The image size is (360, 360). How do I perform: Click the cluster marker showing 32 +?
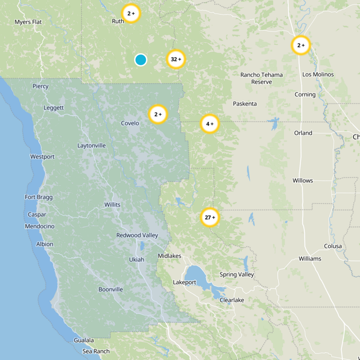(x=176, y=59)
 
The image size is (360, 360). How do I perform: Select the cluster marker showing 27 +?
(x=210, y=218)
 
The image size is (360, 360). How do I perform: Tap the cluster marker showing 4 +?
(x=210, y=124)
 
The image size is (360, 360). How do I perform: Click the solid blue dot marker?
(x=141, y=59)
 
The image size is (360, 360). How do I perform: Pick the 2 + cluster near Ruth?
(x=131, y=13)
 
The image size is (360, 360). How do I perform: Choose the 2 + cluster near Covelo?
(x=158, y=114)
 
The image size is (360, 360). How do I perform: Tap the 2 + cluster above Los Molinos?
(x=301, y=45)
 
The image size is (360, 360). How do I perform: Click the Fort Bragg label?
(x=39, y=197)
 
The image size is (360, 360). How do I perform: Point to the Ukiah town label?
(x=137, y=260)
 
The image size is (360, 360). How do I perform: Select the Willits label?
(x=112, y=205)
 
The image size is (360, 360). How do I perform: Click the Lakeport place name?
(x=185, y=283)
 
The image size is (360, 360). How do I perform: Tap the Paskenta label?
(x=245, y=104)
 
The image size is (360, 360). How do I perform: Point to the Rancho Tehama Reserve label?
(x=261, y=78)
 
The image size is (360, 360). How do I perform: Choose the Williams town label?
(x=310, y=259)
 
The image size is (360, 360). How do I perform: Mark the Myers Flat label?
(x=28, y=22)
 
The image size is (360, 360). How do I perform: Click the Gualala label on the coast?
(x=84, y=340)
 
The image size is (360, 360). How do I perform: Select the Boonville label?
(x=111, y=289)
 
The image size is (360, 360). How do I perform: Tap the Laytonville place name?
(x=91, y=146)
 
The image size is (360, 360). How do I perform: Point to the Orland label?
(x=303, y=133)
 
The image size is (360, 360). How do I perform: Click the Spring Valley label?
(x=237, y=274)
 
